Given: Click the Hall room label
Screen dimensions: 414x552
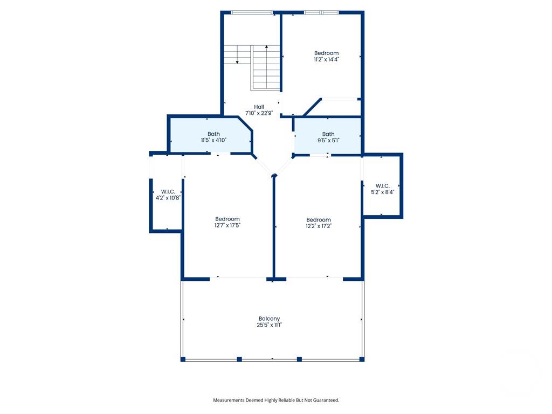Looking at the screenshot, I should click(x=259, y=107).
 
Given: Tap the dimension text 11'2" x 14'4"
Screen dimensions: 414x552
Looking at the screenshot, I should click(x=327, y=59).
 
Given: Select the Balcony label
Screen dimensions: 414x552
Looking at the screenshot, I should click(x=269, y=319).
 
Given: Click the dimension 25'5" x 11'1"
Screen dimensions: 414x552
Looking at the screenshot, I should click(x=269, y=325).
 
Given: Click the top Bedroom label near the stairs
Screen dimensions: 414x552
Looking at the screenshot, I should click(x=327, y=53).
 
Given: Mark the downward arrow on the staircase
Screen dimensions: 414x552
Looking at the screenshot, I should click(x=237, y=61).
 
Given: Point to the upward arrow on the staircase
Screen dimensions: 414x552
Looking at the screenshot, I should click(x=266, y=48).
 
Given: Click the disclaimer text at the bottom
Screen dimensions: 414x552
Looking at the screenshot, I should click(x=276, y=400).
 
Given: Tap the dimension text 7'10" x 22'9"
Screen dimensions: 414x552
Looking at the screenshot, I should click(x=259, y=113).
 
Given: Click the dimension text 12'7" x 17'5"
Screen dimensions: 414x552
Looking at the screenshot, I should click(x=227, y=225).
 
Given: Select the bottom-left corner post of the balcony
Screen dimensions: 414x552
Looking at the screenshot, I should click(x=183, y=359).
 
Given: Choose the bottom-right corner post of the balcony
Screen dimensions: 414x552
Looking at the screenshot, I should click(x=362, y=359).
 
